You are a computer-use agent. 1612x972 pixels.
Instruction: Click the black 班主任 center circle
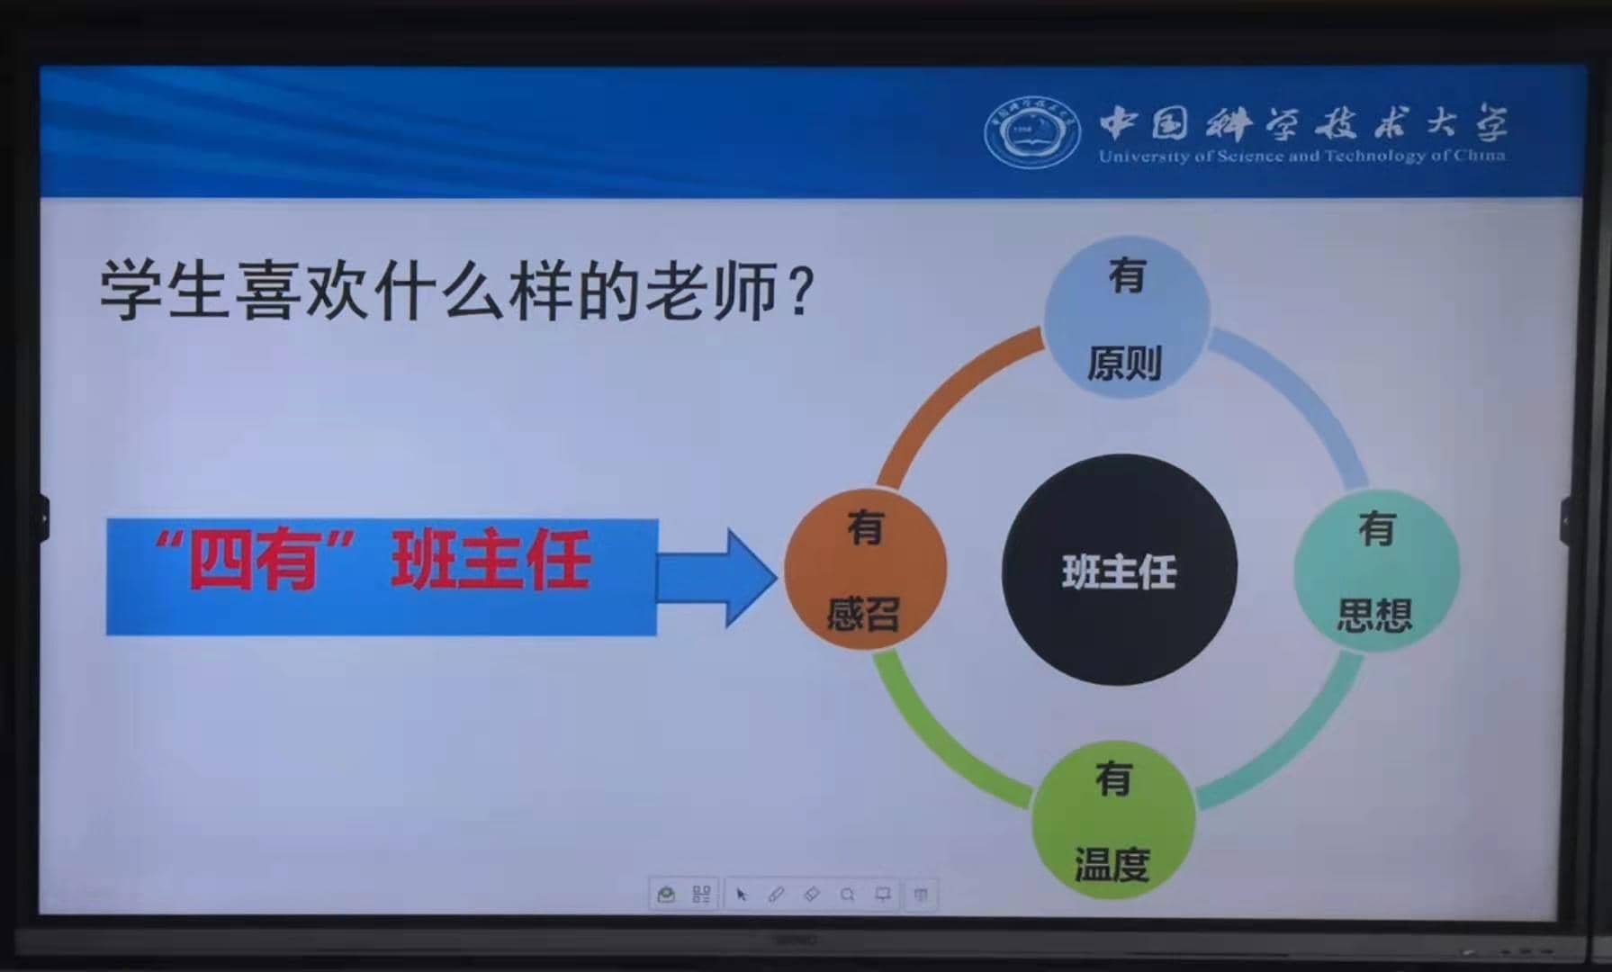point(1119,569)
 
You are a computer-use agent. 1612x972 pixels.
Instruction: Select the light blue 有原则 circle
point(1126,317)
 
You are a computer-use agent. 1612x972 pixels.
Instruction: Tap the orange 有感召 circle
point(865,570)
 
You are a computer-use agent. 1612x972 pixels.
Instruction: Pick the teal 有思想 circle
point(1376,570)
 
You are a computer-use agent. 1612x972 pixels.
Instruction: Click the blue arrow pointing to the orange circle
point(716,577)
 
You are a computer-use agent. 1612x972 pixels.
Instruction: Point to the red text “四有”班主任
point(372,560)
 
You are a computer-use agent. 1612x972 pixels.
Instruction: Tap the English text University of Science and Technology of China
point(1301,156)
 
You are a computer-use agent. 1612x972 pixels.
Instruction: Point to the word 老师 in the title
point(710,290)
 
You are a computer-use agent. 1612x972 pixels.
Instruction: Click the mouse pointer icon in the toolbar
point(741,895)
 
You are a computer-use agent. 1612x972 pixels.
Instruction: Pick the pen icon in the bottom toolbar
point(776,895)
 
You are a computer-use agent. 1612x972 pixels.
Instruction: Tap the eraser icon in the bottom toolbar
point(811,895)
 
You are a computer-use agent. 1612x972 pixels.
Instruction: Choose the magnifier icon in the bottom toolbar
point(847,895)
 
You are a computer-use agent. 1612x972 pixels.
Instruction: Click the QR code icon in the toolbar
point(701,895)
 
